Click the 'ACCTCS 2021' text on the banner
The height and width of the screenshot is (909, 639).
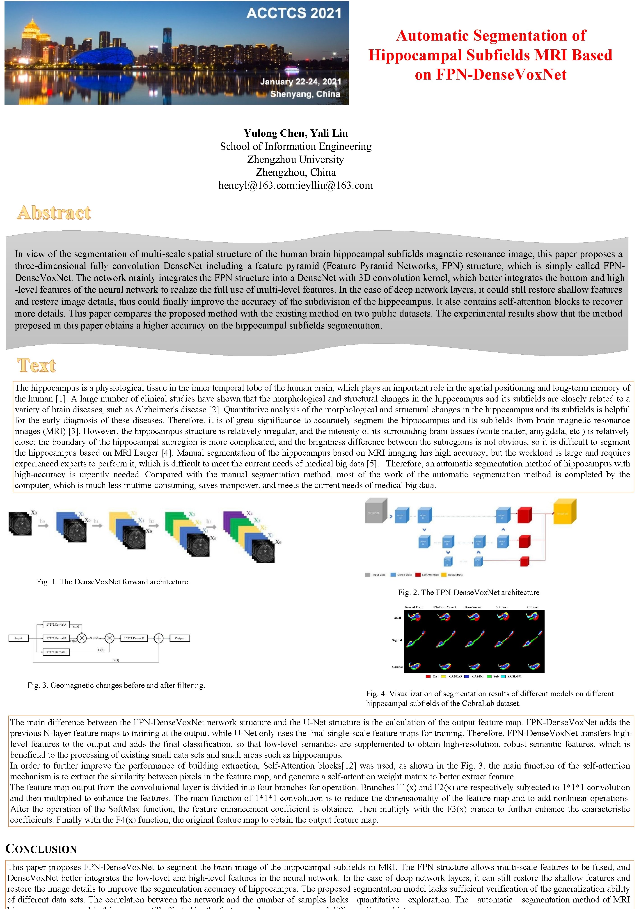click(294, 14)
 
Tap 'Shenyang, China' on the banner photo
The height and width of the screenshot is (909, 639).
click(305, 94)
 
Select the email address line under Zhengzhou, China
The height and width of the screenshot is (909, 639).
click(296, 185)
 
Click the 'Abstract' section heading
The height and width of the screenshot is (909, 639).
click(54, 213)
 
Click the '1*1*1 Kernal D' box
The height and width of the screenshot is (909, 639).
click(134, 638)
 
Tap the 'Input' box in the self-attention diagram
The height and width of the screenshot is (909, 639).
click(19, 638)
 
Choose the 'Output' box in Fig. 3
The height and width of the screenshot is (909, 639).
click(180, 638)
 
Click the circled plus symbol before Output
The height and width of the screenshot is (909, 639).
click(159, 638)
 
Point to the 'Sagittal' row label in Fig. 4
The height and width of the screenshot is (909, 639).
click(397, 640)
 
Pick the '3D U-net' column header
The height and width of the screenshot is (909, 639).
click(502, 607)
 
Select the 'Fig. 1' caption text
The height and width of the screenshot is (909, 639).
click(113, 582)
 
